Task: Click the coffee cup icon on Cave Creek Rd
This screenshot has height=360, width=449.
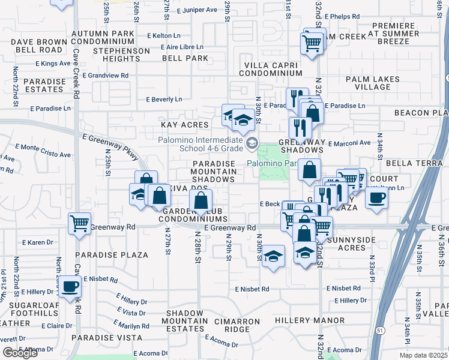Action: (70, 286)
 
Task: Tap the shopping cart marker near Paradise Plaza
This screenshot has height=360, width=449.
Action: (79, 223)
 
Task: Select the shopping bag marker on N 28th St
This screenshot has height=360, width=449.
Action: (201, 200)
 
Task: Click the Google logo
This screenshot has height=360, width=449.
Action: (20, 353)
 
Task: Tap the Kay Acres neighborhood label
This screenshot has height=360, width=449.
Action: (184, 125)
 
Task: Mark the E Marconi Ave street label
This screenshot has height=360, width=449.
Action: (350, 143)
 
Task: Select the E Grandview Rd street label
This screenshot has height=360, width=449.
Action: (106, 76)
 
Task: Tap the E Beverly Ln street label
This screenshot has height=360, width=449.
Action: (164, 100)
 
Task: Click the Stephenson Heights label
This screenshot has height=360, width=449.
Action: (122, 55)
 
